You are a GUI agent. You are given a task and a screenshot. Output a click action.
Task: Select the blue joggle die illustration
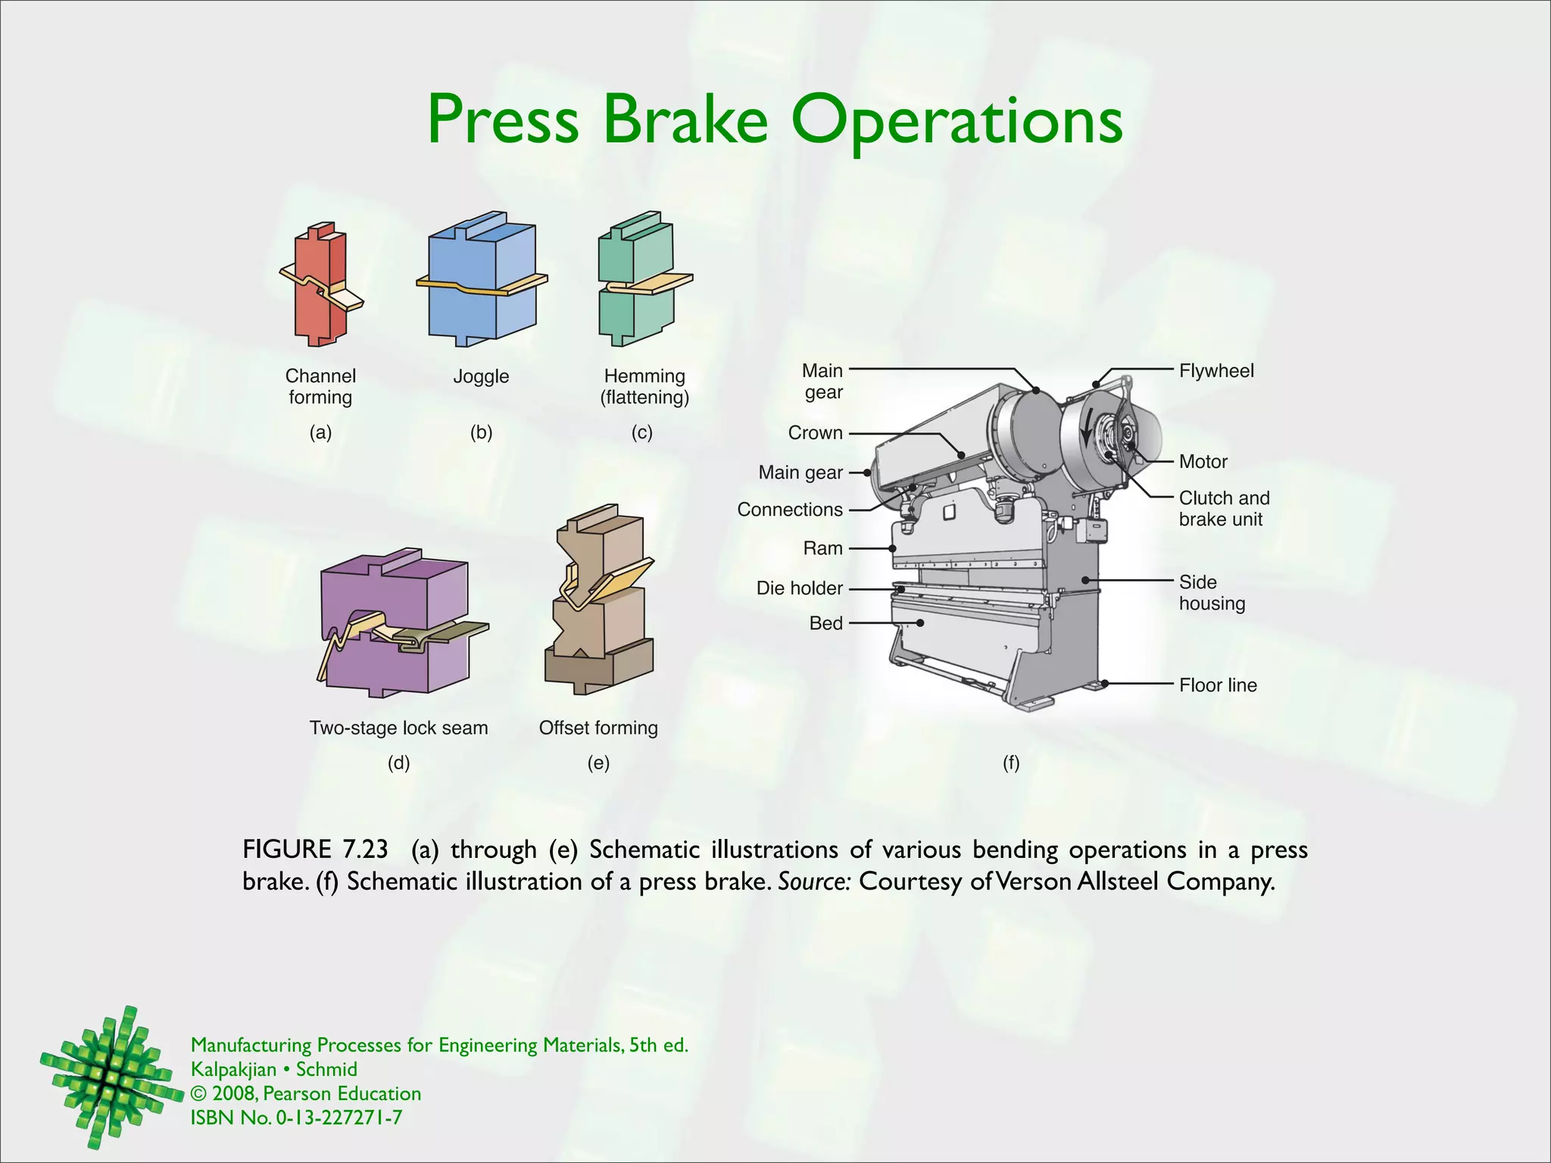(481, 280)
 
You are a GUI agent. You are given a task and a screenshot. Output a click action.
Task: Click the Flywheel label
(1216, 371)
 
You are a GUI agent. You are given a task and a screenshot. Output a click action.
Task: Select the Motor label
(1203, 462)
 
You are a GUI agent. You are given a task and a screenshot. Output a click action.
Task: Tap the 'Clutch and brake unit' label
(1224, 509)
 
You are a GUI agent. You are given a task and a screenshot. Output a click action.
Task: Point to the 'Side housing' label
(1212, 593)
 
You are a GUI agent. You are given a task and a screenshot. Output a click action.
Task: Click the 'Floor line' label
(1218, 685)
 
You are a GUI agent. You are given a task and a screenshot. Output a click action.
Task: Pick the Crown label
(815, 433)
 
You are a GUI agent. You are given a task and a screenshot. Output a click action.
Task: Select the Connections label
(790, 510)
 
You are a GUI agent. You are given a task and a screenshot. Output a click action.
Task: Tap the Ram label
(822, 548)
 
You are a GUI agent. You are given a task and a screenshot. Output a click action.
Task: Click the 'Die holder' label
(799, 588)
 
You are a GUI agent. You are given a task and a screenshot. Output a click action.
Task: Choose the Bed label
(825, 623)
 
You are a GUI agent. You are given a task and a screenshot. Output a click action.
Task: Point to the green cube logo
(108, 1075)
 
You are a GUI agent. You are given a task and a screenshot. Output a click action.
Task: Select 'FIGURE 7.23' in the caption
(315, 850)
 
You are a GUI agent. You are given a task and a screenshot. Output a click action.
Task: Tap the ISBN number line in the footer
(296, 1118)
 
